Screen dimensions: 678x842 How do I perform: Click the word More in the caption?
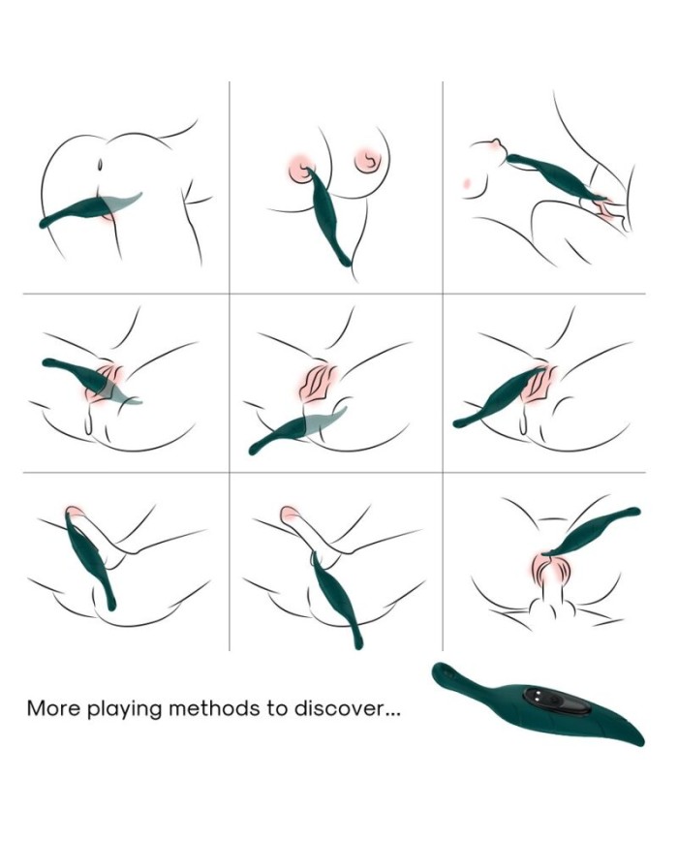click(x=53, y=708)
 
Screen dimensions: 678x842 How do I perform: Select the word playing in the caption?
click(x=124, y=710)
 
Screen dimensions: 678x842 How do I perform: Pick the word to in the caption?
click(x=277, y=709)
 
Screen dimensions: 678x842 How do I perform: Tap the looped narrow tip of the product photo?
click(x=447, y=672)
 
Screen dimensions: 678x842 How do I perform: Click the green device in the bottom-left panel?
click(x=88, y=558)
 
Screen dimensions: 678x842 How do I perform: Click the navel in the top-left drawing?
click(x=101, y=164)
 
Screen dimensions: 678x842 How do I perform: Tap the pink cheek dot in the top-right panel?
click(x=468, y=184)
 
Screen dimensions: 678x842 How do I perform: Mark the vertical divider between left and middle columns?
click(x=230, y=366)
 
